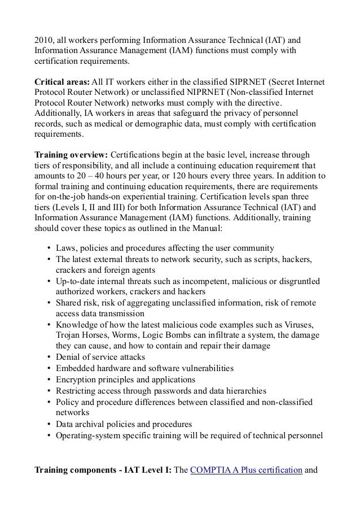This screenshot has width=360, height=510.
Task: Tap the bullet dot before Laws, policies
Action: click(x=50, y=249)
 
